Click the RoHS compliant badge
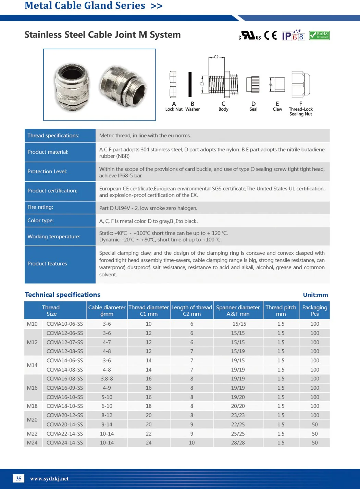319,35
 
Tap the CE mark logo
271,35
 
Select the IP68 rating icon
293,36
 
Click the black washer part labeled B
190,84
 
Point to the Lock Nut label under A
174,109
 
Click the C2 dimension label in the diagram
216,57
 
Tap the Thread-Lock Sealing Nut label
301,112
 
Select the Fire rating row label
40,207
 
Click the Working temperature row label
54,237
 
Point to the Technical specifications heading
63,295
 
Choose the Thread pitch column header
281,311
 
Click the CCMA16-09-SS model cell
65,388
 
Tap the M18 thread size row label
32,406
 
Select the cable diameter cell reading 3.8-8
107,379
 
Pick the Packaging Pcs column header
314,311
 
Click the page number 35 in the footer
18,478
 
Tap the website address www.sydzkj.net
49,479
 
